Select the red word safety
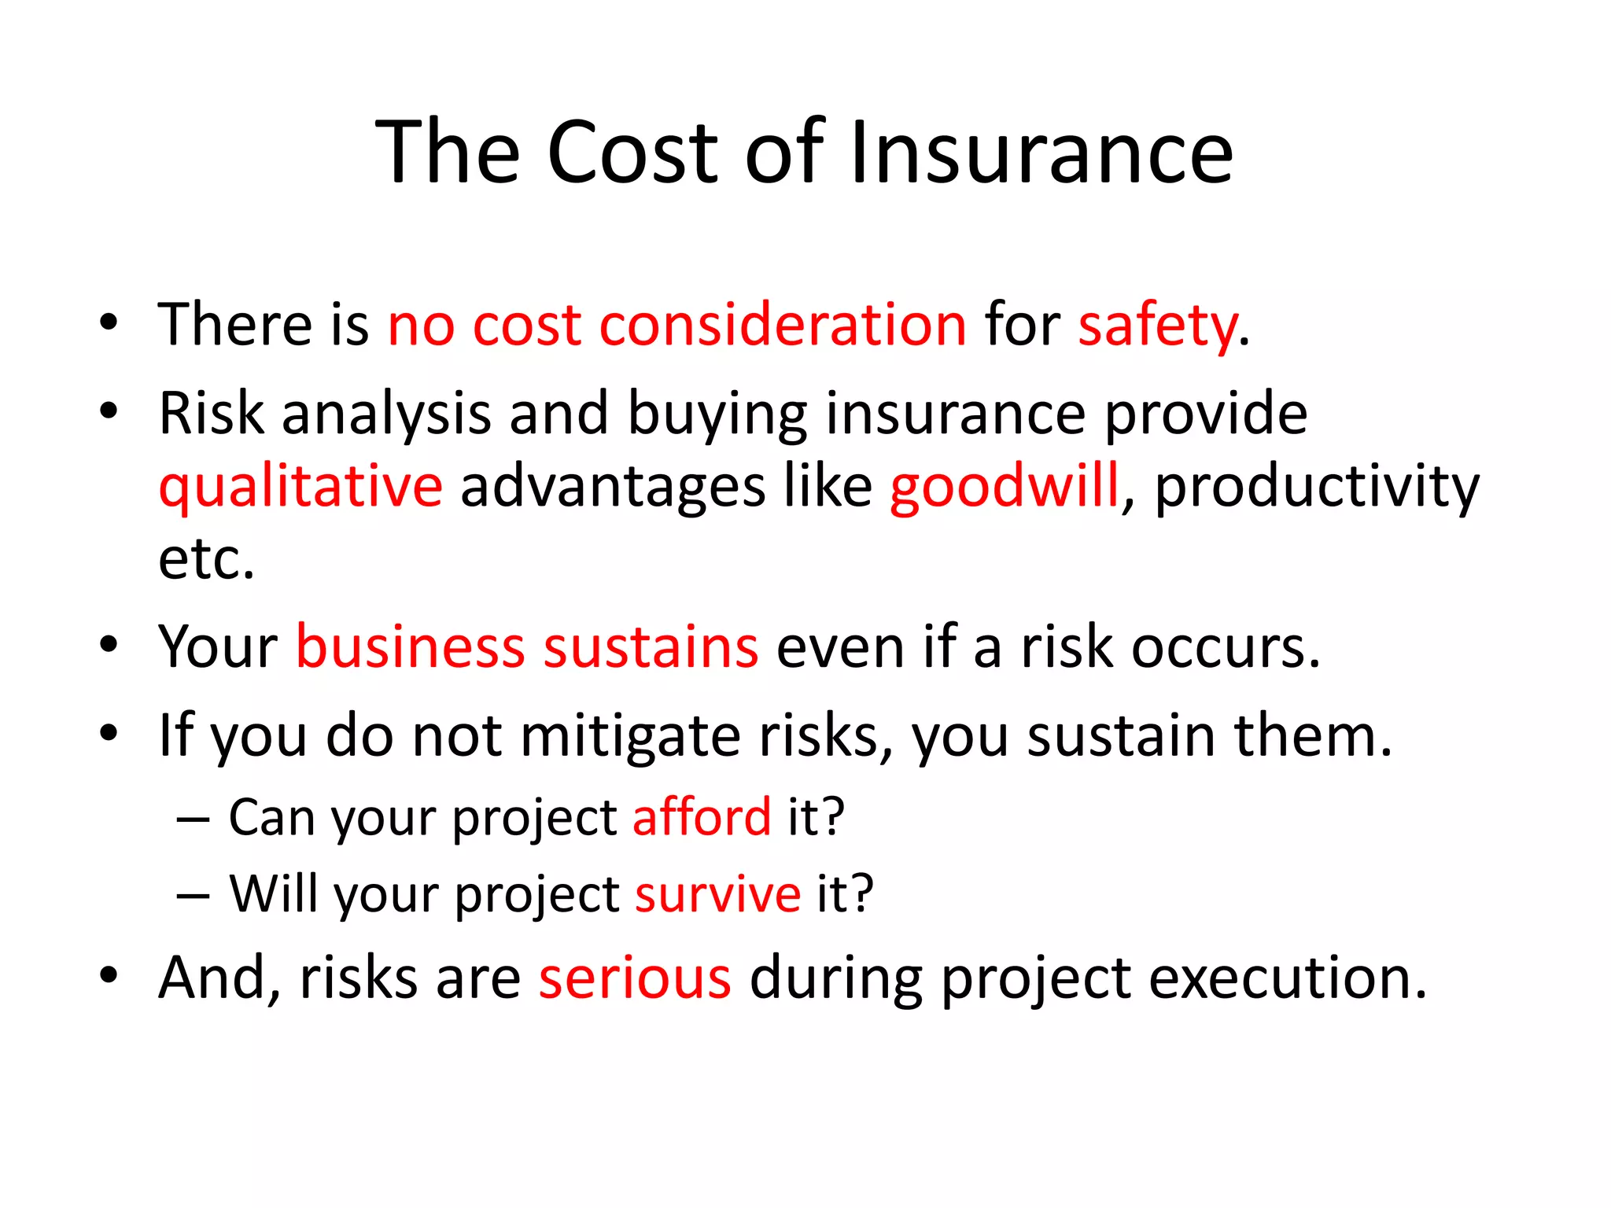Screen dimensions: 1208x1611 click(x=1157, y=326)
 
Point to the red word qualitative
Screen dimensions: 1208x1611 click(x=300, y=488)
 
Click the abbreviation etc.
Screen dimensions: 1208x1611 click(x=206, y=560)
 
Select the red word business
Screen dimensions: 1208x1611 click(x=410, y=647)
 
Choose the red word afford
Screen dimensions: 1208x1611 click(x=702, y=817)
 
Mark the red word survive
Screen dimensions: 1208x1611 click(x=717, y=894)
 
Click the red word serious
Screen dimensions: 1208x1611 click(x=635, y=978)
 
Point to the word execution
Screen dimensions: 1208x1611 click(x=1287, y=978)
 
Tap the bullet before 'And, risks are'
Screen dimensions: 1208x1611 click(x=109, y=975)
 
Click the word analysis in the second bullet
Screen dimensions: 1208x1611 click(x=386, y=414)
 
